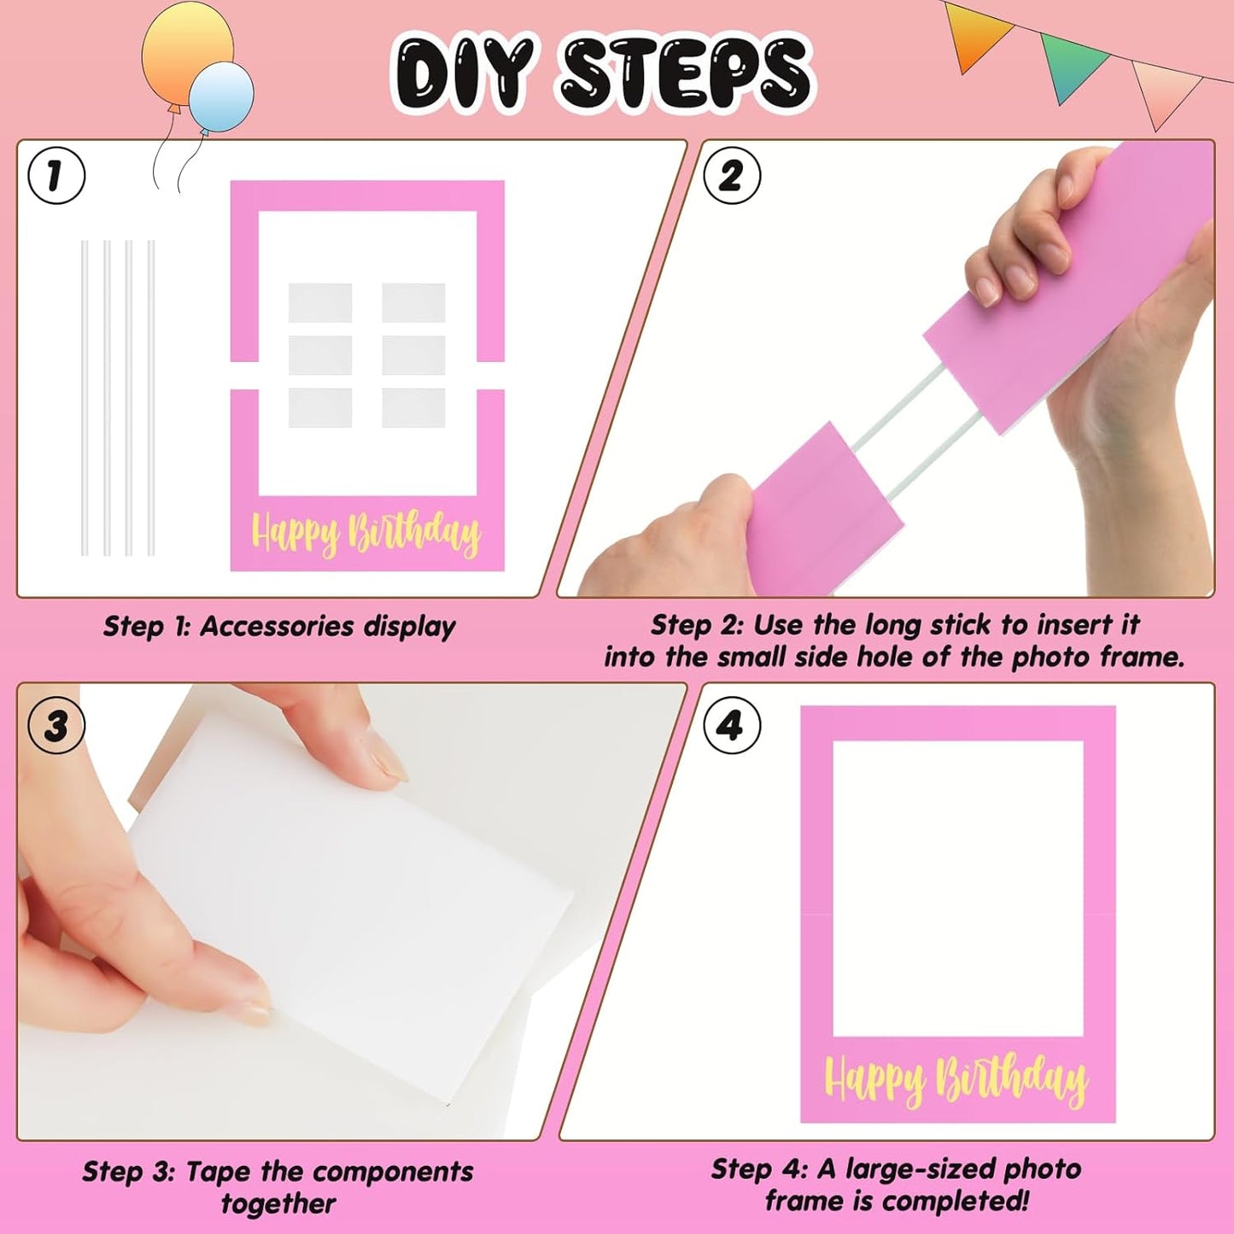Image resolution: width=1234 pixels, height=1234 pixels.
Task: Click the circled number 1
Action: [x=56, y=176]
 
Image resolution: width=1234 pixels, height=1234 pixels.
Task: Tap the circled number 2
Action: [x=731, y=176]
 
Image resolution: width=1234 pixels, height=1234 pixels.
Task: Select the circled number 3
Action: [x=56, y=726]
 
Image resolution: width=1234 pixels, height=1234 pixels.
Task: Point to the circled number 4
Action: [x=731, y=726]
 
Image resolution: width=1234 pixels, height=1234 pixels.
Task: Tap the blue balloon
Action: [x=221, y=96]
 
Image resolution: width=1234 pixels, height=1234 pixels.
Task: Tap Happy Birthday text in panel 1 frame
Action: [x=366, y=533]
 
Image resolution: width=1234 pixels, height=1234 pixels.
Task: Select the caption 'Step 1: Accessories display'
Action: [x=279, y=626]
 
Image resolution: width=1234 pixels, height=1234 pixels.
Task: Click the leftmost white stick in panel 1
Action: [x=85, y=397]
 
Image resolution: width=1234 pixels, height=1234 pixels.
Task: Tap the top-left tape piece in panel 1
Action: [x=320, y=302]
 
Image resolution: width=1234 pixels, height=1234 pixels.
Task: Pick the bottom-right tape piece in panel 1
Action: [x=413, y=407]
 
